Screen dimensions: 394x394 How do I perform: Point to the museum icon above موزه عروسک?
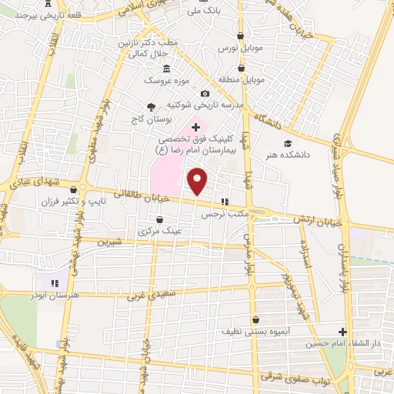(x=167, y=69)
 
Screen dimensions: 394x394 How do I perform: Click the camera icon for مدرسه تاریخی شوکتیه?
(x=204, y=93)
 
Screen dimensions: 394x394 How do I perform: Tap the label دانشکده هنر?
(x=286, y=154)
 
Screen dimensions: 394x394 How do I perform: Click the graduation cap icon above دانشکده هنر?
(x=287, y=143)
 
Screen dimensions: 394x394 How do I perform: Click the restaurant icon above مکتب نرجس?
(x=225, y=202)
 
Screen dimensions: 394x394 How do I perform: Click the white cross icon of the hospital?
(x=195, y=126)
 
